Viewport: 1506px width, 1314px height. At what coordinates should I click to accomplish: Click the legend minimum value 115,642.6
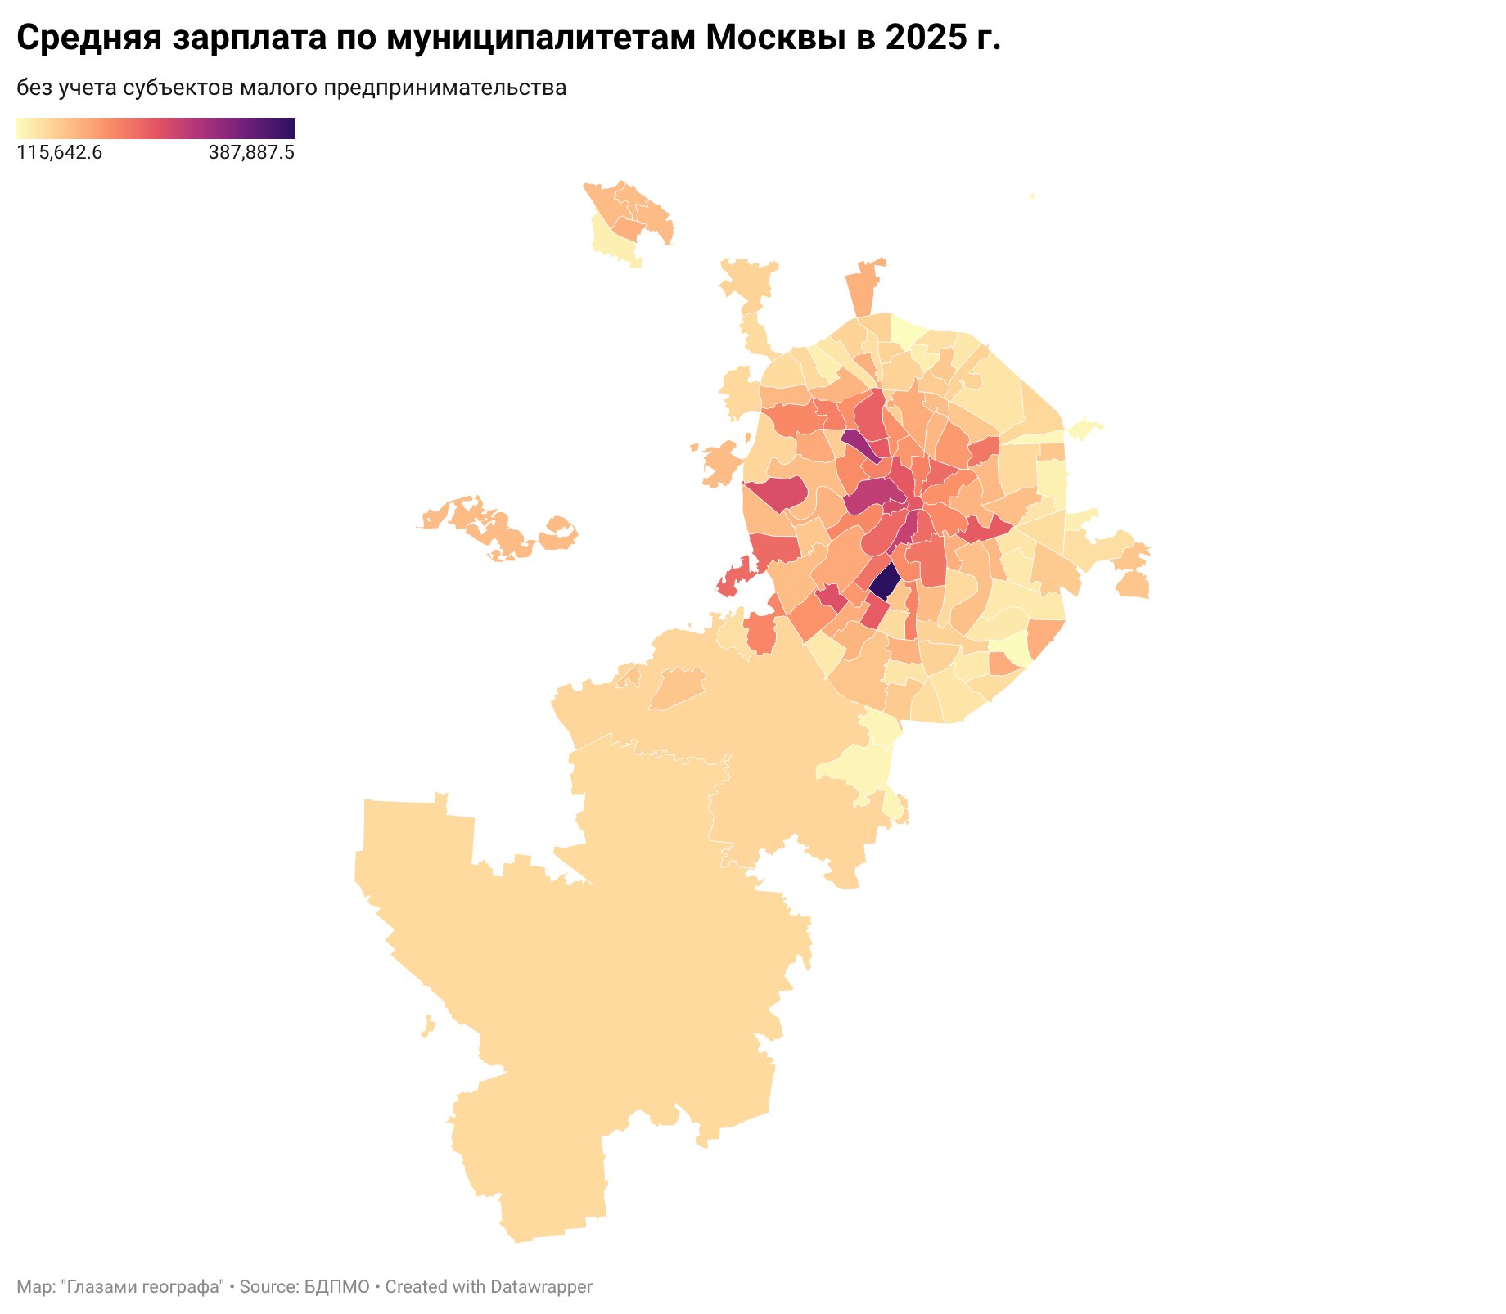click(60, 153)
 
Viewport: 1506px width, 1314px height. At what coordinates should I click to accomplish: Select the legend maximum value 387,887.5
click(251, 153)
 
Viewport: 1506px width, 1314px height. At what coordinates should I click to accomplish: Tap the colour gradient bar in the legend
click(156, 128)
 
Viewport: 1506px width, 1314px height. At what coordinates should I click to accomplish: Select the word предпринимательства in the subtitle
click(445, 88)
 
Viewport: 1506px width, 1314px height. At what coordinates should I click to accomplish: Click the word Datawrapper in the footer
click(540, 1287)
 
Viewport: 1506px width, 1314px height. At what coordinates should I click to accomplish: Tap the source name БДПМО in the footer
click(337, 1287)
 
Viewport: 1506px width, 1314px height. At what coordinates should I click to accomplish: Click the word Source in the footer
click(268, 1287)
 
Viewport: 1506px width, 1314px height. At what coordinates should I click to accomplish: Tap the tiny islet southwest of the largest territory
click(428, 1026)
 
